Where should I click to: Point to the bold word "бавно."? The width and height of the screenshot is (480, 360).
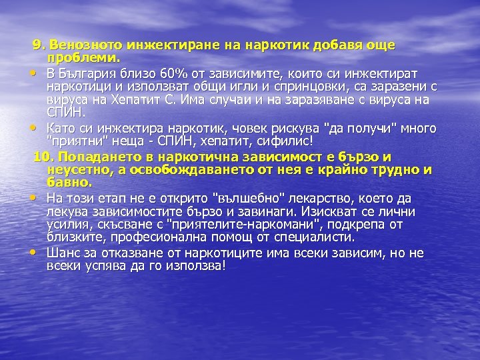70,181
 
